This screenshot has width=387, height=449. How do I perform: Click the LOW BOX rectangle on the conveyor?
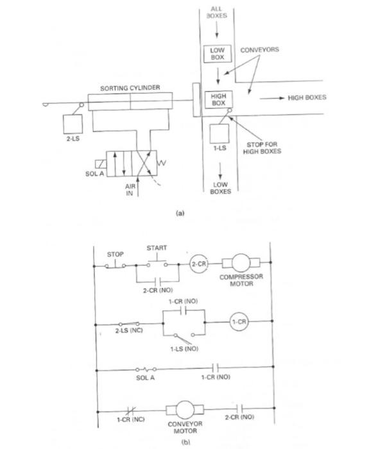click(x=218, y=53)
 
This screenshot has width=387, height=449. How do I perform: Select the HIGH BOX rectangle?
click(x=218, y=99)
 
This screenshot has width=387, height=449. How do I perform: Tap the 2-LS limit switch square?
click(x=73, y=124)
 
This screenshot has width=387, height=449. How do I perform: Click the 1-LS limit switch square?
click(x=219, y=133)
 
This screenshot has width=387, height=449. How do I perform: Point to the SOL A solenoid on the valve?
click(x=101, y=164)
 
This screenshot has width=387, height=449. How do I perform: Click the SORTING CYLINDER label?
click(x=130, y=88)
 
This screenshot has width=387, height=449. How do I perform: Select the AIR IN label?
click(x=130, y=190)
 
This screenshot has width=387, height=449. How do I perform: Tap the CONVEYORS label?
click(x=259, y=50)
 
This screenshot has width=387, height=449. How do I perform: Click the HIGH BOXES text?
click(x=307, y=97)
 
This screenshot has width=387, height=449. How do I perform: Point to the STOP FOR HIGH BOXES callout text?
click(x=262, y=148)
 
